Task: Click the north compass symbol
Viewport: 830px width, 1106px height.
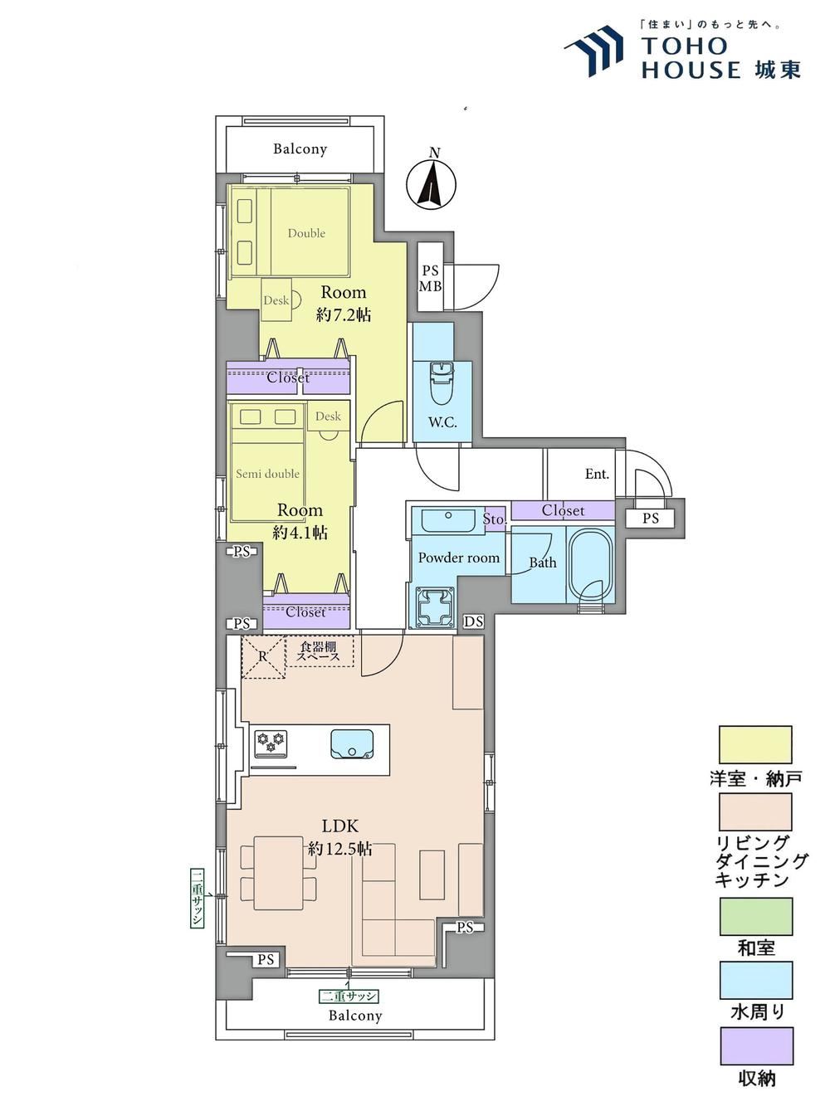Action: pos(431,182)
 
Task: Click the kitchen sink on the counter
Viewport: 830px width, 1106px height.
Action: pos(353,744)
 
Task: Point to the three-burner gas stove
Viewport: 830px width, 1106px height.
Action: pos(271,743)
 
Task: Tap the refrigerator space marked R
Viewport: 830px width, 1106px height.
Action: pos(263,656)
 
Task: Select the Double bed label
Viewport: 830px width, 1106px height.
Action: pos(306,233)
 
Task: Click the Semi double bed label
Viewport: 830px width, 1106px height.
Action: pos(267,474)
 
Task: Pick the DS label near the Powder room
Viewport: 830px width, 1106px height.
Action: pos(473,621)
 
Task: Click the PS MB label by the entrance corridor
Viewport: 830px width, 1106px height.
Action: pos(431,279)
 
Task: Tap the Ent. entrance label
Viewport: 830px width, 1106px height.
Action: pos(597,474)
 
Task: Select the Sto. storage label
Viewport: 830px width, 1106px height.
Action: pos(494,519)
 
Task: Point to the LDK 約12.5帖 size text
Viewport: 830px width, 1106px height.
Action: pos(340,837)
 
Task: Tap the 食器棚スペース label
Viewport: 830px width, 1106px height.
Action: pos(319,651)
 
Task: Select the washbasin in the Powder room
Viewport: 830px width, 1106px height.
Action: pos(447,520)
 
